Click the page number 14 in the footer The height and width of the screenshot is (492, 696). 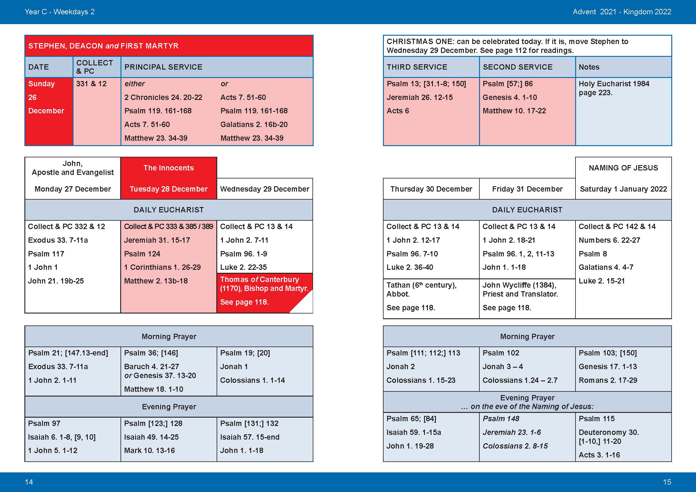[x=29, y=482]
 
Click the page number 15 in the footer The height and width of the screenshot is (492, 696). [x=667, y=482]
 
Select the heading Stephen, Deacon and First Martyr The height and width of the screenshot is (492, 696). [x=103, y=46]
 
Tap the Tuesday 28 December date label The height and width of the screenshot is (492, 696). [x=168, y=189]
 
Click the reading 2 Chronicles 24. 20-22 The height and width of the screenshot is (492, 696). [x=163, y=97]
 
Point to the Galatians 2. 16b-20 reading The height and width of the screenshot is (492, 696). [x=254, y=125]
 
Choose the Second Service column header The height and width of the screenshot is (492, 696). [x=517, y=67]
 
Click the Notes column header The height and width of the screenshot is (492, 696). [x=589, y=67]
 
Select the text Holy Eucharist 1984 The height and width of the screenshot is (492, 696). [x=614, y=84]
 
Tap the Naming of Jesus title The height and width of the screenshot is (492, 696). [x=623, y=168]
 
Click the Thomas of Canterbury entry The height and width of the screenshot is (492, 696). [x=259, y=279]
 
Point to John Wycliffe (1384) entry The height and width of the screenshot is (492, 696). [x=519, y=285]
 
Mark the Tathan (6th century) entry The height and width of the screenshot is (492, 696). [x=421, y=285]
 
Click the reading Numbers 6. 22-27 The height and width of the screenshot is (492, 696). [x=609, y=240]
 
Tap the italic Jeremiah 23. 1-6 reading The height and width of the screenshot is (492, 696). [x=512, y=432]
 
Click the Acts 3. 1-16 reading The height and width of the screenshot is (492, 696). [x=599, y=455]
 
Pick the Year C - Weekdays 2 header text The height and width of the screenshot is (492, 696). [x=60, y=12]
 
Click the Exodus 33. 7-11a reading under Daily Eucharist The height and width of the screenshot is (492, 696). [x=58, y=240]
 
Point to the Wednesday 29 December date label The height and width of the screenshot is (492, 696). [x=265, y=189]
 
